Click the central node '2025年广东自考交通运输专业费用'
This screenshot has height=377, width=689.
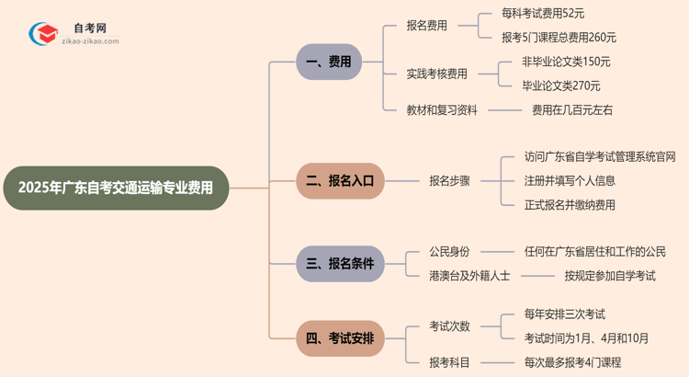116,188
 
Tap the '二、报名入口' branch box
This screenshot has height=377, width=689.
339,181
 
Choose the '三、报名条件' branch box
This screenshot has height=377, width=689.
339,263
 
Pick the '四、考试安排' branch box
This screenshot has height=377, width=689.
339,337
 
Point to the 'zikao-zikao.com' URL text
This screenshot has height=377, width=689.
88,41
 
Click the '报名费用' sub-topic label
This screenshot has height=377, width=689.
427,26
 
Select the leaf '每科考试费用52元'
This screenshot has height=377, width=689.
543,14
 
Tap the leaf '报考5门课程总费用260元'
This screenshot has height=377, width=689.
559,38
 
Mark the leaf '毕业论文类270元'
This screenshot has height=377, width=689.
560,86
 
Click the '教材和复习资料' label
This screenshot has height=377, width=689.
442,109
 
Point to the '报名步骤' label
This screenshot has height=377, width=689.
450,181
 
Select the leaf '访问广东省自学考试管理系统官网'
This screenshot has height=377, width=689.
600,156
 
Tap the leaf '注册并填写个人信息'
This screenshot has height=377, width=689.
570,180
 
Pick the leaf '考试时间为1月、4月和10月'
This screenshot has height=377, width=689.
586,337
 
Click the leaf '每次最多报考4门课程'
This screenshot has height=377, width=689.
572,362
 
